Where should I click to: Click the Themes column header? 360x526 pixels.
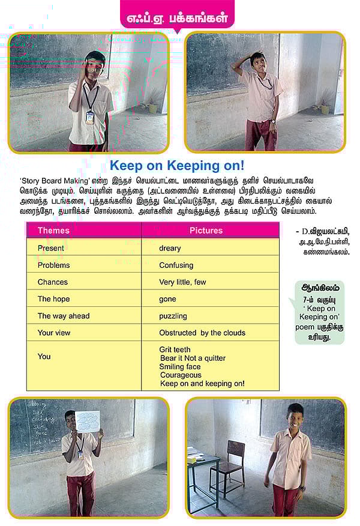(x=53, y=231)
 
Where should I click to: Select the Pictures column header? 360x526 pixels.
(x=206, y=231)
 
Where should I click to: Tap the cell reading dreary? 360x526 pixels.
(x=170, y=248)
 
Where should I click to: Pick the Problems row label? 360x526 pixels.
(x=53, y=265)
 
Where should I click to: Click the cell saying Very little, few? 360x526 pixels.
(x=182, y=282)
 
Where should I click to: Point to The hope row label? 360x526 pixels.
(x=53, y=299)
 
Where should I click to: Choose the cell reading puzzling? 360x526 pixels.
(x=173, y=316)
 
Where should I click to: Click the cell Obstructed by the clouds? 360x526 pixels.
(x=202, y=333)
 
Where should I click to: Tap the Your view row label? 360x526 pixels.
(x=54, y=333)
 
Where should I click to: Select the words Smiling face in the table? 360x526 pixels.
(x=180, y=366)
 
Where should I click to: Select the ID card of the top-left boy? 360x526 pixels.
(x=89, y=117)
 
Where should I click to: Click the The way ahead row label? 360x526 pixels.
(x=63, y=316)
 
